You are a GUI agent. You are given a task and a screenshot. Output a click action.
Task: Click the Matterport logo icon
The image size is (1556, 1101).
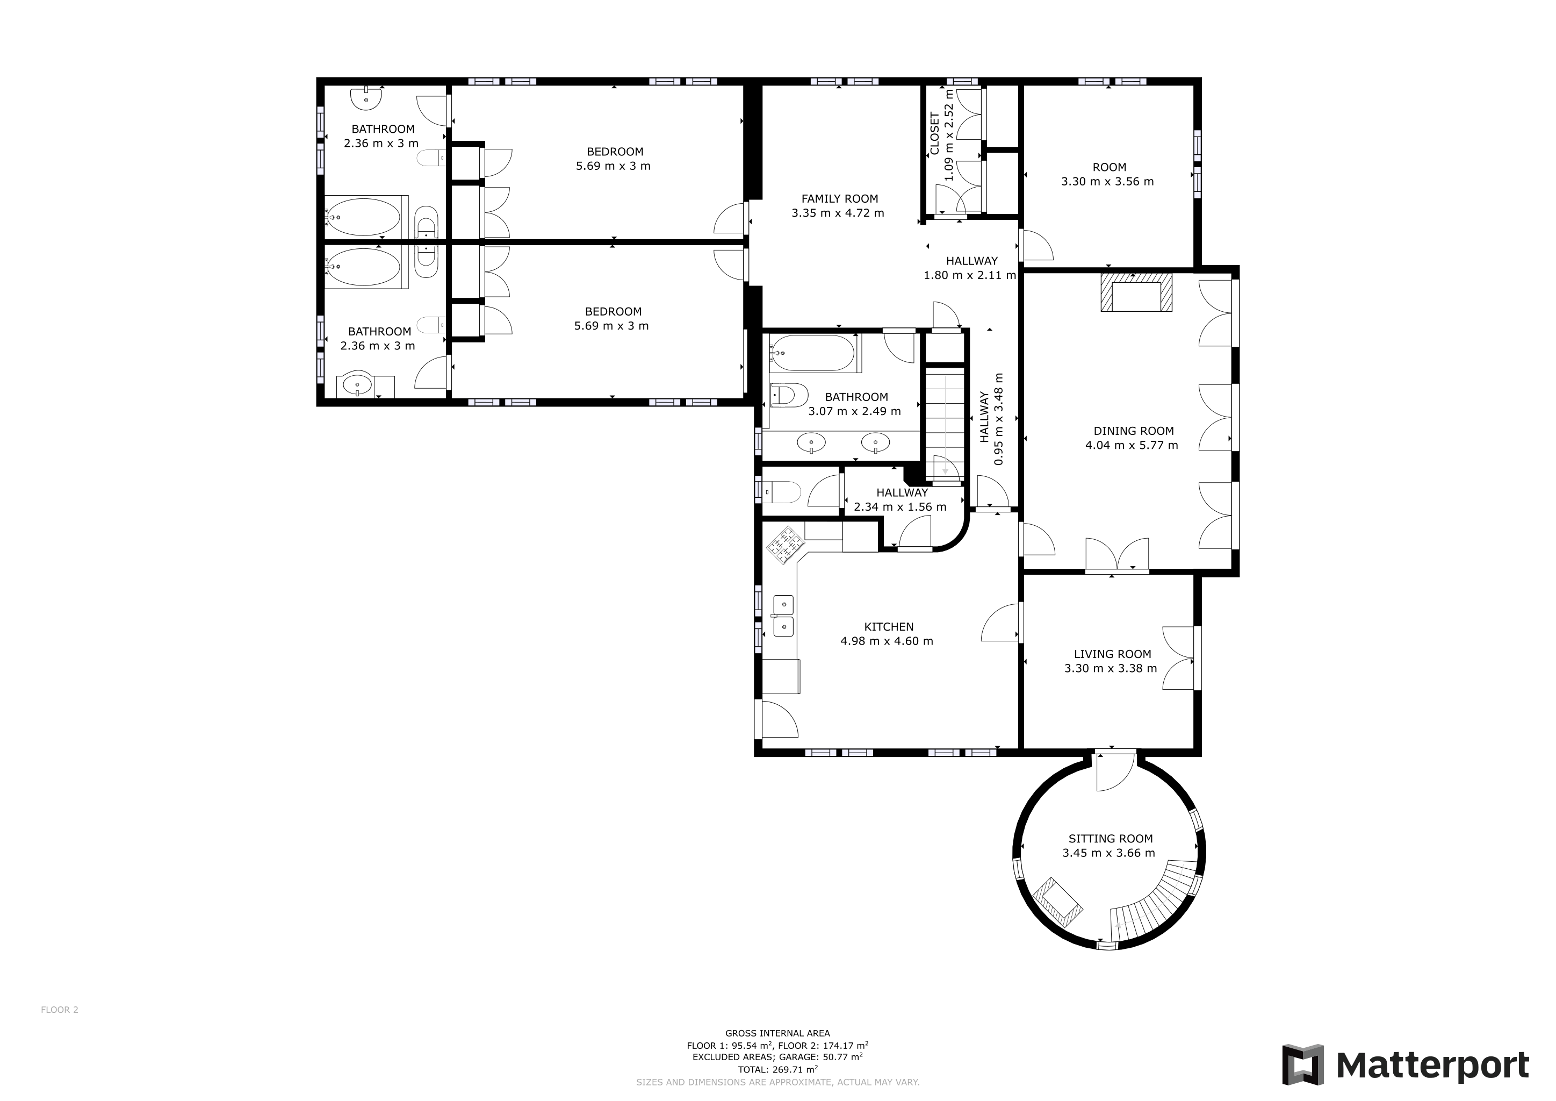[x=1302, y=1064]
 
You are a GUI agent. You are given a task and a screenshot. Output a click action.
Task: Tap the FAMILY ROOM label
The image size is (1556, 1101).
[x=839, y=198]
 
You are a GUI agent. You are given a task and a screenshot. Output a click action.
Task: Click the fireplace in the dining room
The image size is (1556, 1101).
[x=1136, y=292]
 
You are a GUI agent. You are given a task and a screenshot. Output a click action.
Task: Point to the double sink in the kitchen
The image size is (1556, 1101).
[x=783, y=616]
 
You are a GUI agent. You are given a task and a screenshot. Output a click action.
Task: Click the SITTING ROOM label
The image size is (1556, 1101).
[x=1110, y=839]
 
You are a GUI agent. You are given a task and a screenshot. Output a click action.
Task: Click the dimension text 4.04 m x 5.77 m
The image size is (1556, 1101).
[x=1131, y=446]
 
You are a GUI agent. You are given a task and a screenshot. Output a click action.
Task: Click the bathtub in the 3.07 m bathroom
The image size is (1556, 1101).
[x=812, y=353]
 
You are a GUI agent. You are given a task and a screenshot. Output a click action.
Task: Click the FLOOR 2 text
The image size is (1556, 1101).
[x=60, y=1010]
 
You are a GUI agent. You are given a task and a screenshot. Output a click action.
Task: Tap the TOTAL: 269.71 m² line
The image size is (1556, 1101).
[x=777, y=1070]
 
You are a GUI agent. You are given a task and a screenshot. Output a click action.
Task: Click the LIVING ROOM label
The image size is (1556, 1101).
[x=1112, y=654]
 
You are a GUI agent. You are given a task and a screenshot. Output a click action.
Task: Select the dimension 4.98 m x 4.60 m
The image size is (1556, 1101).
[x=887, y=641]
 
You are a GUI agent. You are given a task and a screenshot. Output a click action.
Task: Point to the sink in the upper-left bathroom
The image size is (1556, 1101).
[x=366, y=99]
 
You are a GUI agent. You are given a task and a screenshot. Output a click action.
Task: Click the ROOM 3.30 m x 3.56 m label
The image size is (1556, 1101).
[x=1109, y=167]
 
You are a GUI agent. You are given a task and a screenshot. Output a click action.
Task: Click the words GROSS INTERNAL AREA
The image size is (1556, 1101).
[x=777, y=1033]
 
